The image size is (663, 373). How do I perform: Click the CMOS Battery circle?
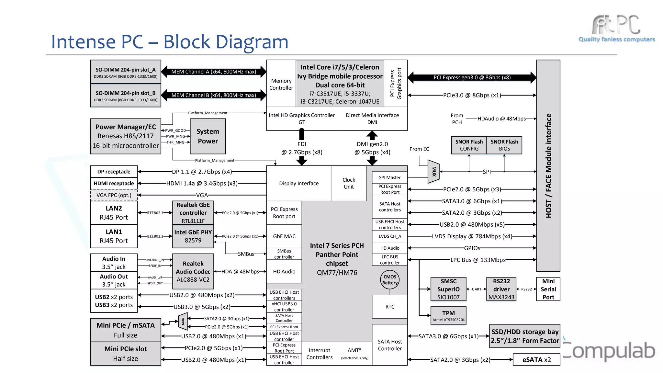click(390, 280)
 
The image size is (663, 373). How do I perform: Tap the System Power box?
click(208, 136)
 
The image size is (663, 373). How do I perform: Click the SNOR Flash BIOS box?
click(504, 145)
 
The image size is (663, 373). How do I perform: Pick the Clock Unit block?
click(349, 183)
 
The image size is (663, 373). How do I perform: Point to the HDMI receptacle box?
click(114, 183)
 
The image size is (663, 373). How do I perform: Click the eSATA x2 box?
click(536, 360)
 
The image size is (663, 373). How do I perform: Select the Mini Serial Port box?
click(548, 289)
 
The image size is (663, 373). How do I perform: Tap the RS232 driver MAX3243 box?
click(501, 289)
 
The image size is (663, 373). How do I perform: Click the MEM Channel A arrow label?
click(214, 72)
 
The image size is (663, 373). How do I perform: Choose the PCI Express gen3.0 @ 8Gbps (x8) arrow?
click(472, 77)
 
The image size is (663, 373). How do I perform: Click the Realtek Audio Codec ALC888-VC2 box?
click(193, 271)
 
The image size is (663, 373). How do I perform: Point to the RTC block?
click(390, 307)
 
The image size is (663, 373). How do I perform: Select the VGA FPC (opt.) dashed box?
click(114, 195)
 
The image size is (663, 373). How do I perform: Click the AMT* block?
click(354, 353)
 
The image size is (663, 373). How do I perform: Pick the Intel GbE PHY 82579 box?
click(193, 236)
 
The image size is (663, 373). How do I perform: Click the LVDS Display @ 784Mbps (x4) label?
click(472, 236)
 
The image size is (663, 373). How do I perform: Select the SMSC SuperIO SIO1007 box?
click(448, 289)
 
